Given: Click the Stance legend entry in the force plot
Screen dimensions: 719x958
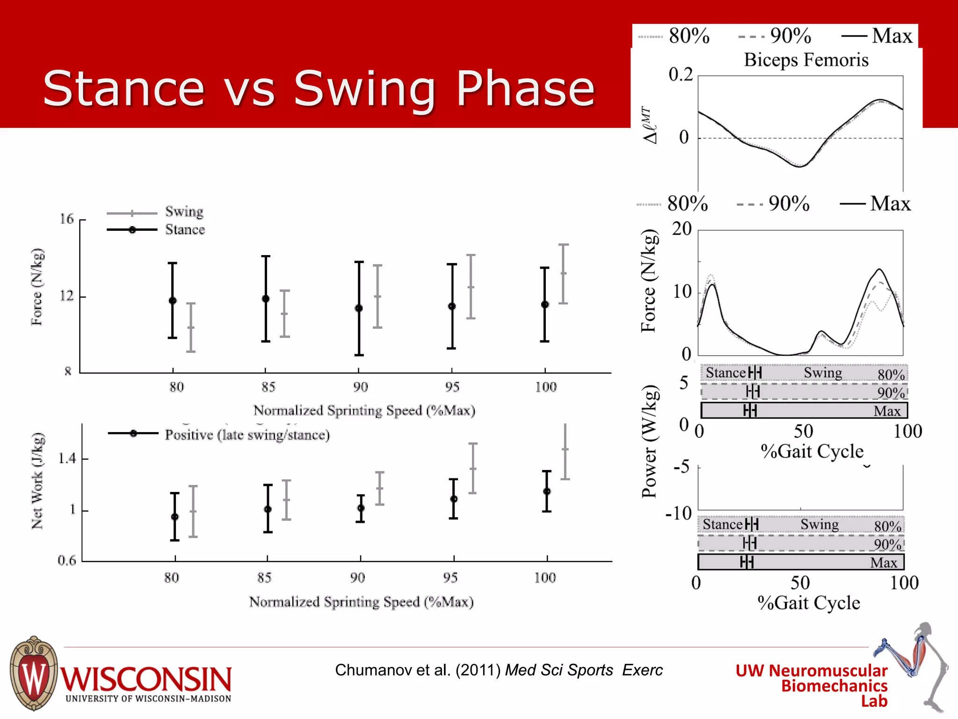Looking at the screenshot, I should pyautogui.click(x=184, y=230).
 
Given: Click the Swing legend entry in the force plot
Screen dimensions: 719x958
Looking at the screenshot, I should pyautogui.click(x=184, y=212).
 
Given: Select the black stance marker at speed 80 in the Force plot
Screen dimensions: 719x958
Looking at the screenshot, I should pyautogui.click(x=173, y=301).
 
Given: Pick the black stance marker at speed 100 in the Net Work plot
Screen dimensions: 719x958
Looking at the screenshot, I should pyautogui.click(x=547, y=492).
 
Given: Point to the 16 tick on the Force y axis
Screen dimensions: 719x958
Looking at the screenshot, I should pyautogui.click(x=67, y=219).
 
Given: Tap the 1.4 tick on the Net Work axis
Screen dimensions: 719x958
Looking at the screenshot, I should pyautogui.click(x=67, y=458).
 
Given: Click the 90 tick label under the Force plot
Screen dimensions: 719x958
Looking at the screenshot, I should pyautogui.click(x=360, y=387).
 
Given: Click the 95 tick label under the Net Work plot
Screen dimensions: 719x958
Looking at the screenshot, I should pyautogui.click(x=450, y=578).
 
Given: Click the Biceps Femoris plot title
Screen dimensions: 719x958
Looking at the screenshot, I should pyautogui.click(x=806, y=60).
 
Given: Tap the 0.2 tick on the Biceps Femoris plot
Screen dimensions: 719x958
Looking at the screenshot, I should pyautogui.click(x=680, y=74).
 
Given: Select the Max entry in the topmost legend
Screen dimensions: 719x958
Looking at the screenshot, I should pyautogui.click(x=891, y=36).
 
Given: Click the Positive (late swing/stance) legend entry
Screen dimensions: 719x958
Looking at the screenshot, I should pyautogui.click(x=247, y=435).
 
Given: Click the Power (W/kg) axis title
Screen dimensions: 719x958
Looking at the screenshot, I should pyautogui.click(x=649, y=441).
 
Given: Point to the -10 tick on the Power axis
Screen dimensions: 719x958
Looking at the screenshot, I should pyautogui.click(x=679, y=514).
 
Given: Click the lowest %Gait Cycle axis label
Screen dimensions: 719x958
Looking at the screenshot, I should pyautogui.click(x=808, y=603).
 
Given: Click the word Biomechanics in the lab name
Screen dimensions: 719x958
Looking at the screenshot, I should pyautogui.click(x=834, y=686).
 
